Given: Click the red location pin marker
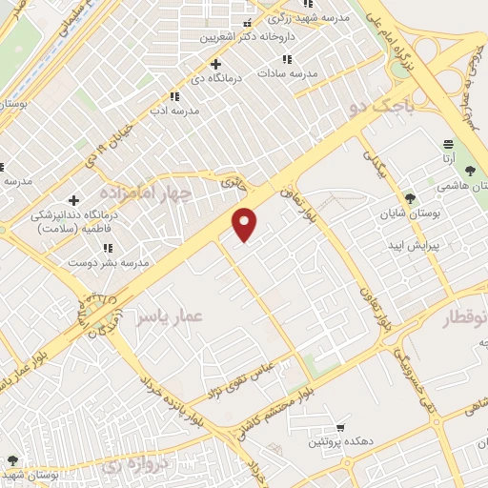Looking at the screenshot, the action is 246,224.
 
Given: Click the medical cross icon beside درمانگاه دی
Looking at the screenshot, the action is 217,63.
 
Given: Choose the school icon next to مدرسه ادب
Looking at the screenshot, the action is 173,96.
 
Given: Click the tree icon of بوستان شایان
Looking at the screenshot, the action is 410,198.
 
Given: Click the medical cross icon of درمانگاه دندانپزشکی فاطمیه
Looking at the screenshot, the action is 73,199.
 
